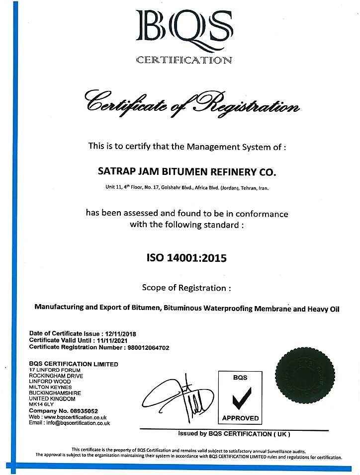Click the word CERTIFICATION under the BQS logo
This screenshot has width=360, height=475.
184,61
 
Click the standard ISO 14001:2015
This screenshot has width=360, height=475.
186,258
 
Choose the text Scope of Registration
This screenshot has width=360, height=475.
186,288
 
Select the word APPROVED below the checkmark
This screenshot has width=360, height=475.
240,418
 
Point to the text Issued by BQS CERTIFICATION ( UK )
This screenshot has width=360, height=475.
234,434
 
